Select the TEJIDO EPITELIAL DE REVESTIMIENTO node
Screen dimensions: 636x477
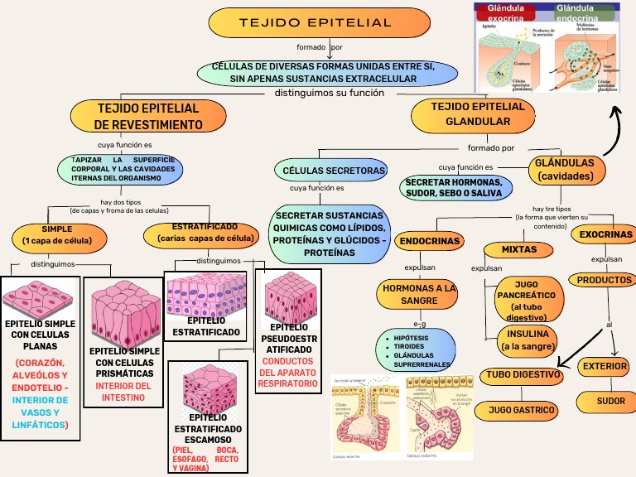point(148,117)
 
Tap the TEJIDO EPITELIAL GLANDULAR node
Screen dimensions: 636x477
point(478,114)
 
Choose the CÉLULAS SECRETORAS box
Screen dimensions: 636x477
point(334,171)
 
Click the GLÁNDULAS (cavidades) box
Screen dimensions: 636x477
point(565,170)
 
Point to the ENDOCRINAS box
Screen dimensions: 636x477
point(430,242)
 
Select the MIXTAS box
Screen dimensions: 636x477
point(519,249)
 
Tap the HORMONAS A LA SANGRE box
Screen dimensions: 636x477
point(418,294)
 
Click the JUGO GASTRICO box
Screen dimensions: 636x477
point(520,410)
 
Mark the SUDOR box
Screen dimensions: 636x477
point(610,401)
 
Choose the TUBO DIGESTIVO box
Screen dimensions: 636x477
point(520,375)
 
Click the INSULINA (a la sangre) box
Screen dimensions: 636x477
point(528,340)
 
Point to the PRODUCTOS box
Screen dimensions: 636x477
point(604,280)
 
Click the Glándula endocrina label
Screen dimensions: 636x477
point(585,12)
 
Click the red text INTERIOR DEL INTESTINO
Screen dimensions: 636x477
point(123,392)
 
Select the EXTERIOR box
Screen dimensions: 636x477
point(605,366)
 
